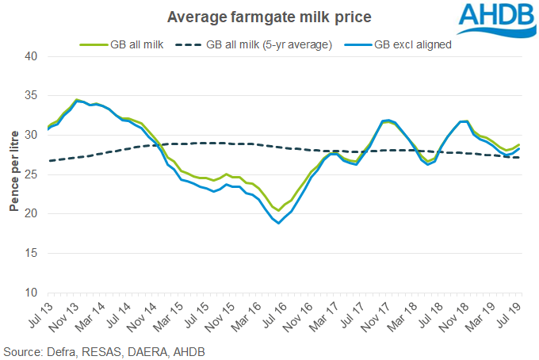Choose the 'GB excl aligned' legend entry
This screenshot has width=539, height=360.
[x=409, y=44]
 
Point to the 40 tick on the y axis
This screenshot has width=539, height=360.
[x=31, y=56]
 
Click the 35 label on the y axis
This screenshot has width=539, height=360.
[x=31, y=96]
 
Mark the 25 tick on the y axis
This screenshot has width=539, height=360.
[x=31, y=174]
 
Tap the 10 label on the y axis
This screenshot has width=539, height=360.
[x=31, y=293]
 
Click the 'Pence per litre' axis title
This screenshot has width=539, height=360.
[x=14, y=174]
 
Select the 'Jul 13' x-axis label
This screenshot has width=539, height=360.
[x=40, y=312]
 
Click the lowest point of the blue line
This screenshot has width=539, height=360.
[x=279, y=223]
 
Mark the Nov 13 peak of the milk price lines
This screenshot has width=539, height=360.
[x=76, y=100]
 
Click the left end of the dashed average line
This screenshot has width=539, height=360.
[x=48, y=161]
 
